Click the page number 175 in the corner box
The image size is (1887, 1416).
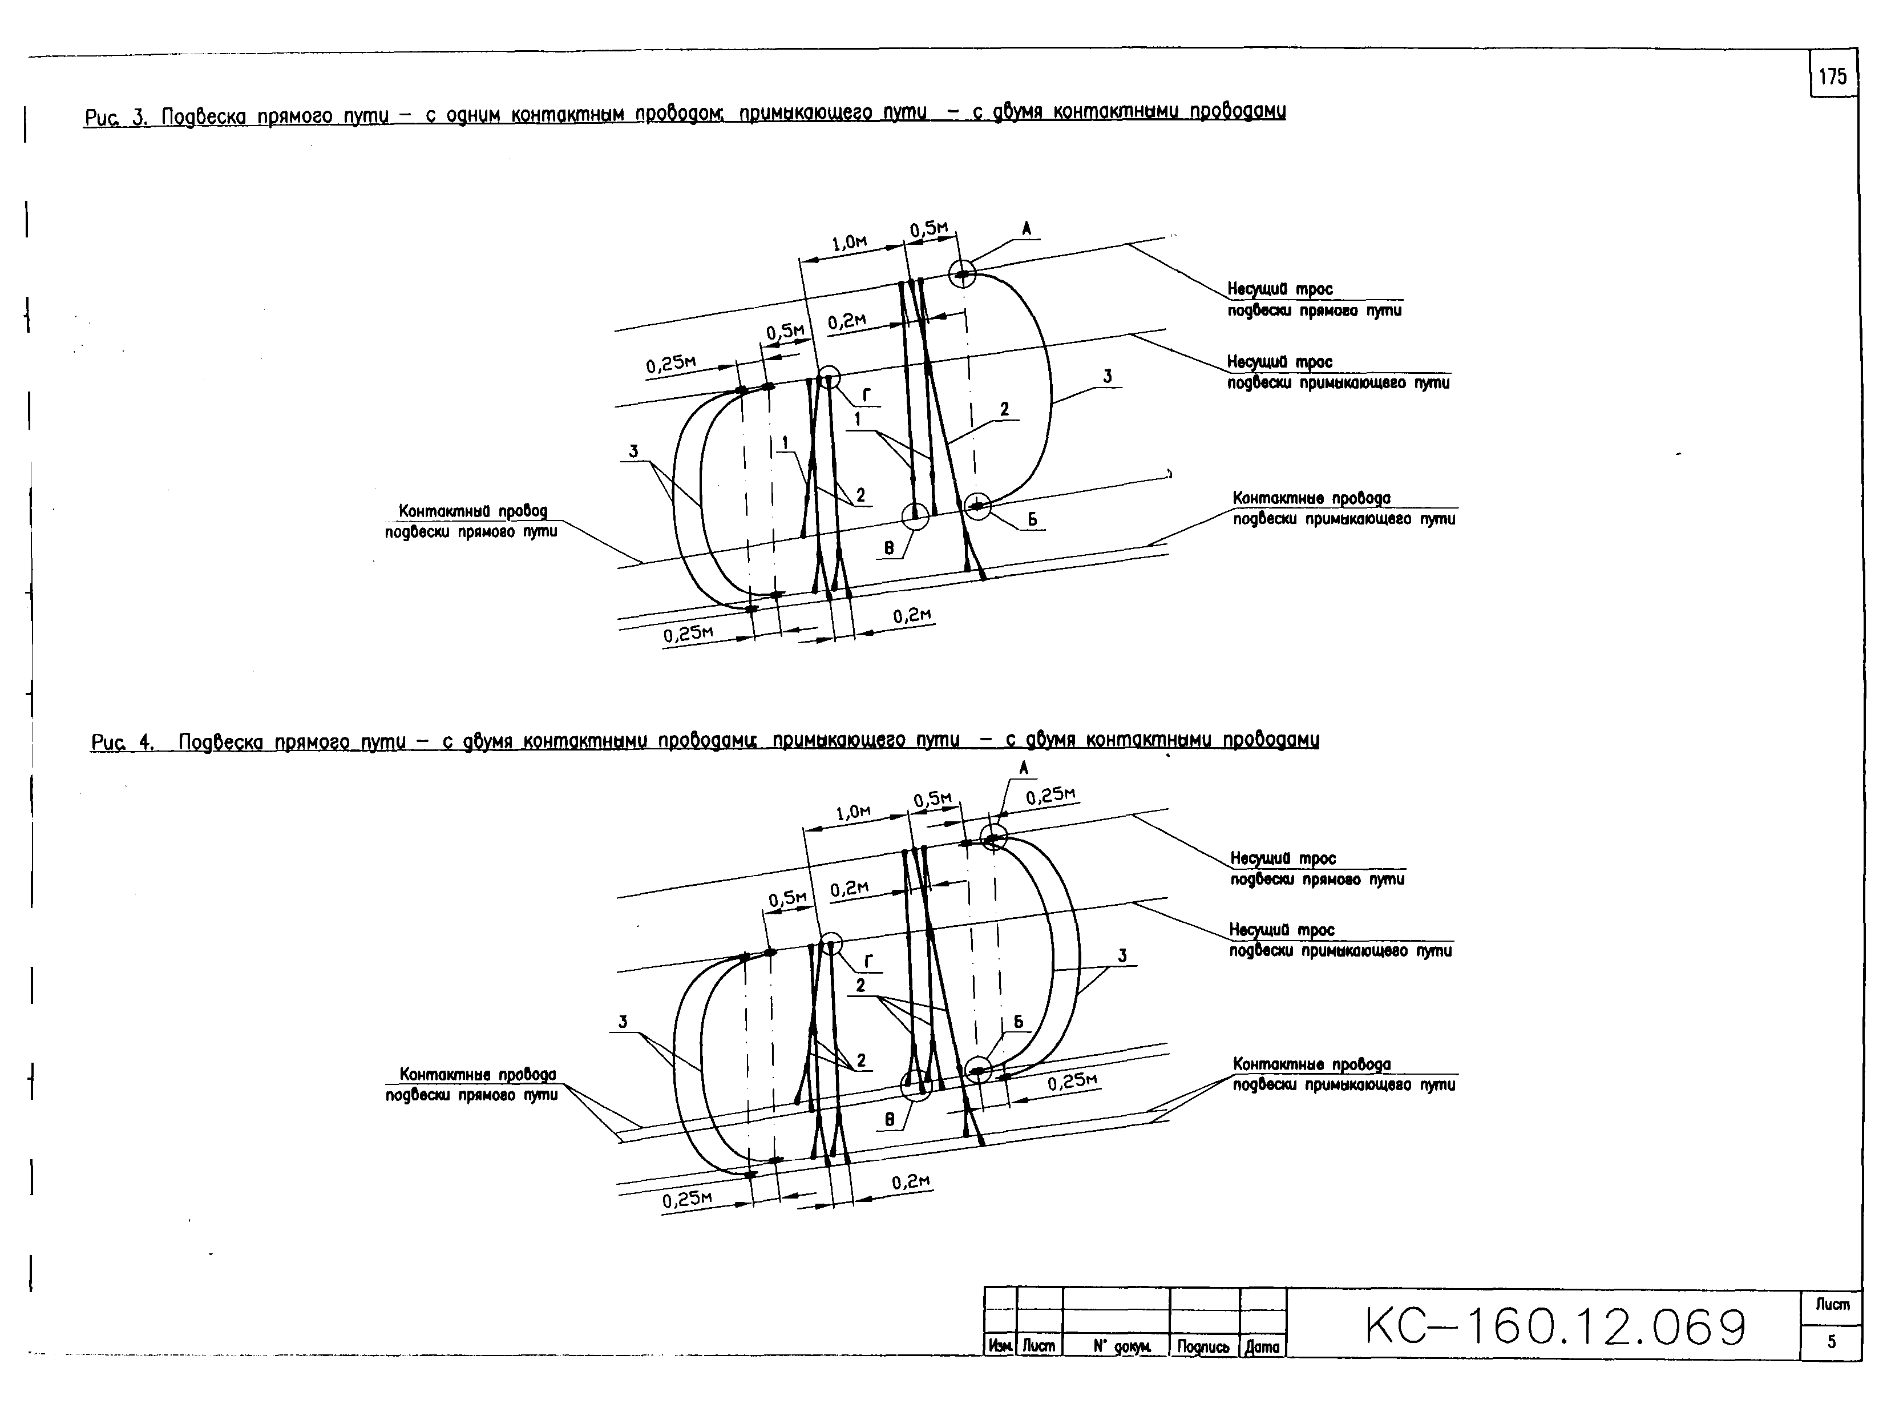pyautogui.click(x=1832, y=77)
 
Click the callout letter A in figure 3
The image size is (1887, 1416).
pyautogui.click(x=1027, y=228)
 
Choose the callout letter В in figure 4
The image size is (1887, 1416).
pyautogui.click(x=890, y=1119)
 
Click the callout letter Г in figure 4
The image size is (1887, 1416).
pyautogui.click(x=869, y=961)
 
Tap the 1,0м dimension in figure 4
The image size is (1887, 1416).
pyautogui.click(x=853, y=812)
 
